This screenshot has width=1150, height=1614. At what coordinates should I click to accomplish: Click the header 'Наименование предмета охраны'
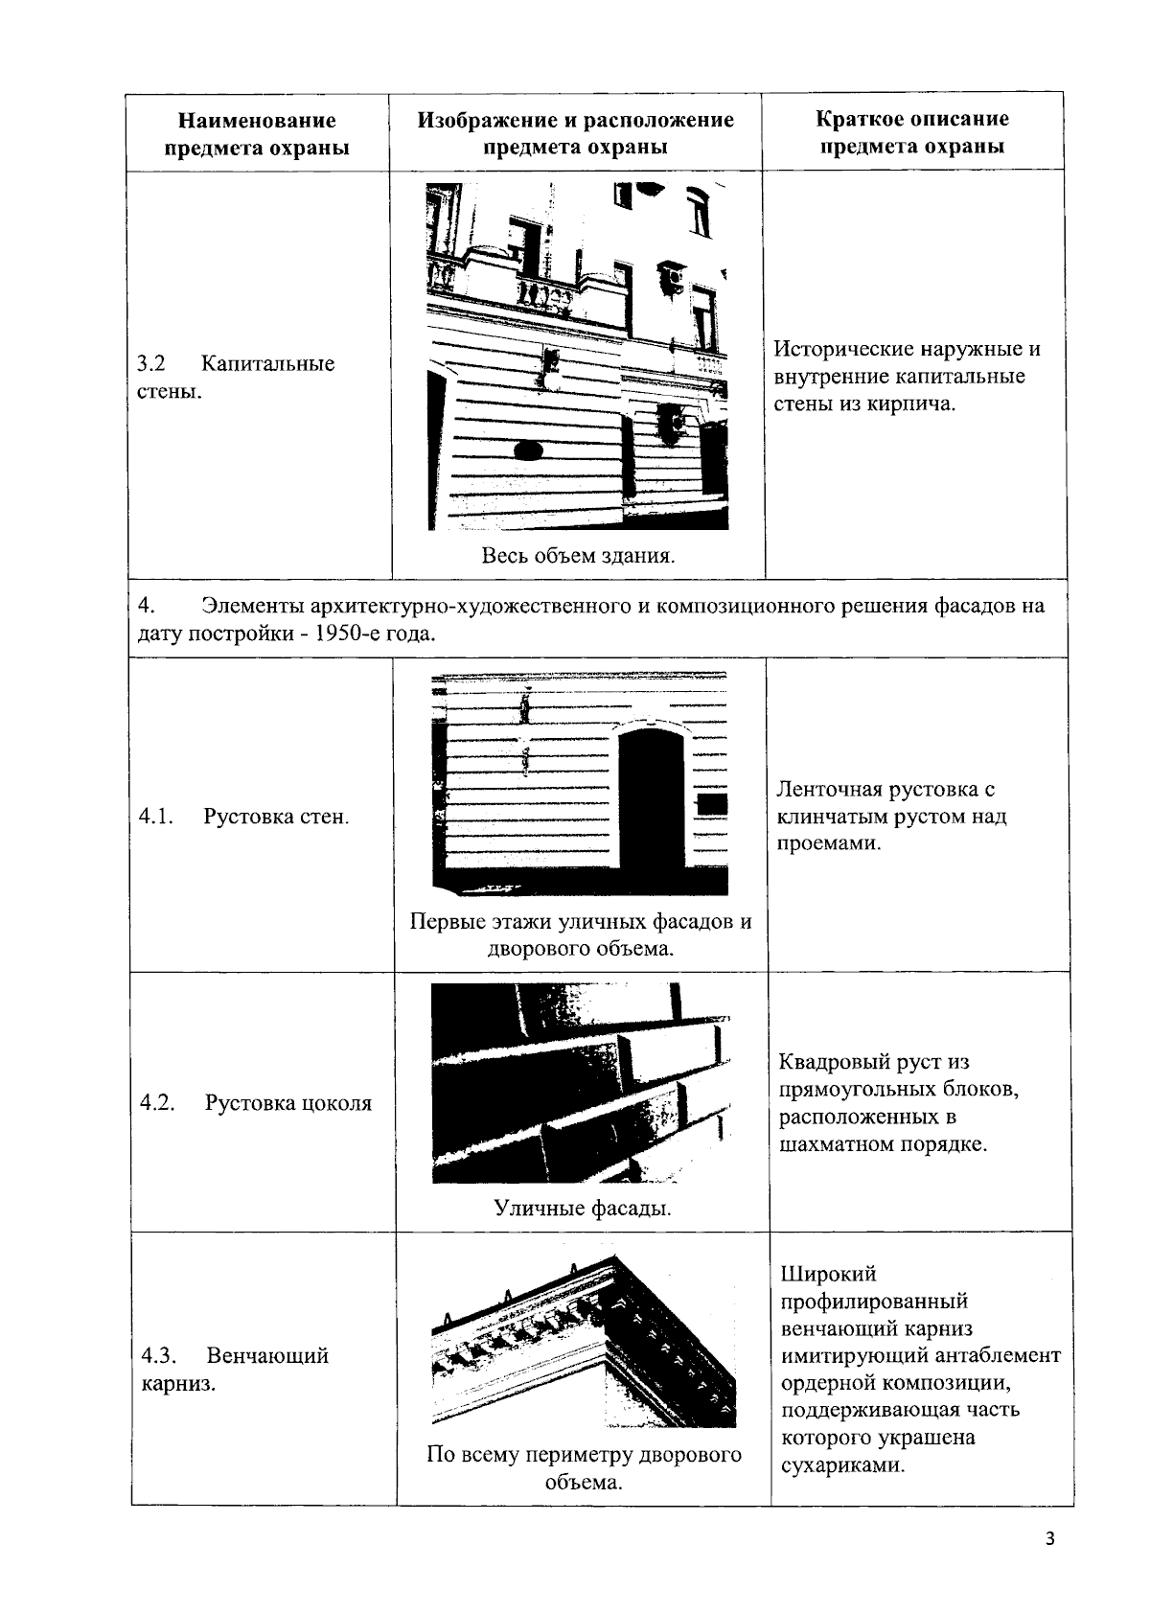tap(257, 134)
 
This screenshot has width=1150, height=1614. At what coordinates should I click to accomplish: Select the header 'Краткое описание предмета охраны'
tap(912, 133)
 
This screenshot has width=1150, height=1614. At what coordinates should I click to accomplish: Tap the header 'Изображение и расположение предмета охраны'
tap(575, 133)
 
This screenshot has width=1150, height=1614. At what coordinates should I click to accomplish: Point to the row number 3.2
tap(151, 364)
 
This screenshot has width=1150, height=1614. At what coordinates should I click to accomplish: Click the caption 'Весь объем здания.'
tap(578, 556)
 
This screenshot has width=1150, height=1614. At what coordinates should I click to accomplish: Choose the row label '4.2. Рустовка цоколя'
tap(256, 1102)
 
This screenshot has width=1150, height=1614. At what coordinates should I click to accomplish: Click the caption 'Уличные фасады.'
tap(583, 1208)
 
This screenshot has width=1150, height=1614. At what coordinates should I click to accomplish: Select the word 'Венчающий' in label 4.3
tap(267, 1355)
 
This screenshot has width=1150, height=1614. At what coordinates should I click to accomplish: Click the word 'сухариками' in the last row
tap(843, 1465)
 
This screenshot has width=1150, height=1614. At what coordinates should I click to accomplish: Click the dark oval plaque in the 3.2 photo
tap(529, 450)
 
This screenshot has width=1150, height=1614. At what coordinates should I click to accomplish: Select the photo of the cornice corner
tap(583, 1342)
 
